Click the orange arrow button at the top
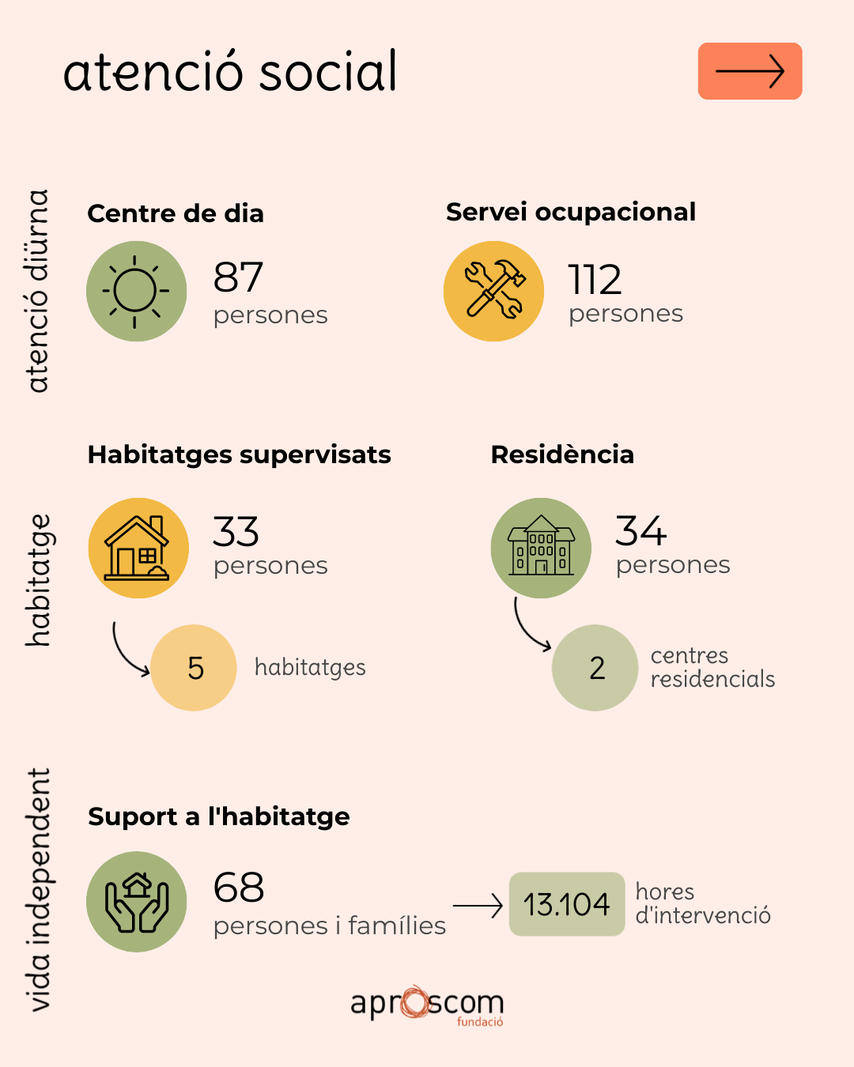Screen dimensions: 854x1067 pos(750,71)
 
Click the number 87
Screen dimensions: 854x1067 pos(238,277)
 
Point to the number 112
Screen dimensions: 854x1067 pos(594,279)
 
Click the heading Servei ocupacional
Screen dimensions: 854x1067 pos(571,212)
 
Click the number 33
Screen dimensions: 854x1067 pos(236,531)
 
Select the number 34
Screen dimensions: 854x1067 pos(640,530)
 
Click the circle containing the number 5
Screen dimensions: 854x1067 pos(194,667)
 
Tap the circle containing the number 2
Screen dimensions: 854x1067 pos(595,667)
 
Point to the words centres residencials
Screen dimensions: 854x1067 pos(712,667)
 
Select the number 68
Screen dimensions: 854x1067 pos(239,887)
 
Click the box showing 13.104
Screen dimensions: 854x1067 pos(567,904)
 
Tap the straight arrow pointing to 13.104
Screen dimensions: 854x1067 pos(478,905)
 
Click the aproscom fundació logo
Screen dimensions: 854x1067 pos(427,1004)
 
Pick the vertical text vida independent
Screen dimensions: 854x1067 pos(39,889)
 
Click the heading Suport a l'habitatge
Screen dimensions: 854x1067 pos(219,816)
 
